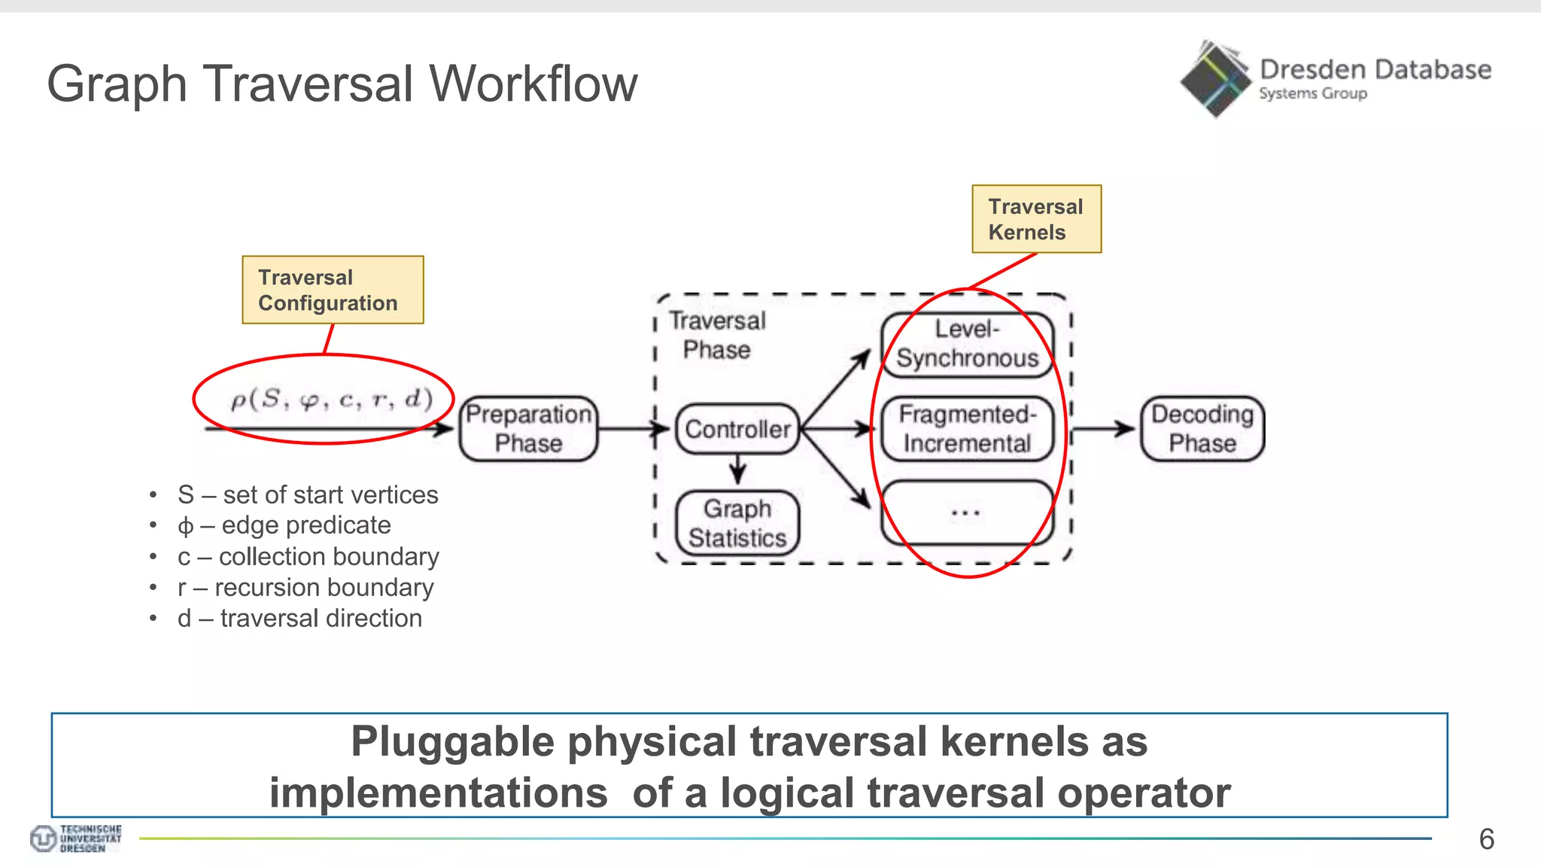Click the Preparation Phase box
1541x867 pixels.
coord(528,428)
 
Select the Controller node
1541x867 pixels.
coord(737,429)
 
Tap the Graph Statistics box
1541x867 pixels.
coord(737,523)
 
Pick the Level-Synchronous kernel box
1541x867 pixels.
coord(967,344)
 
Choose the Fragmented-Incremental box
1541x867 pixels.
coord(967,428)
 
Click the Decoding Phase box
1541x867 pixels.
coord(1202,428)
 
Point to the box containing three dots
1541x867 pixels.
coord(967,513)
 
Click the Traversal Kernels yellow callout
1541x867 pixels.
coord(1036,219)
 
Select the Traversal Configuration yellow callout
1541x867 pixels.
coord(333,290)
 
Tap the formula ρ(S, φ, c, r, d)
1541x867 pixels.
coord(331,398)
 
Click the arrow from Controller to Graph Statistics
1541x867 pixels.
coord(738,470)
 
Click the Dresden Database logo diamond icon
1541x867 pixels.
coord(1215,80)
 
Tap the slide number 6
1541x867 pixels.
coord(1486,839)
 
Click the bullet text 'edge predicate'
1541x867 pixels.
coord(306,525)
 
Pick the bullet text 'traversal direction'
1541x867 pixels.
coord(321,619)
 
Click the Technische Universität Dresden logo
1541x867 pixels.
coord(76,838)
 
